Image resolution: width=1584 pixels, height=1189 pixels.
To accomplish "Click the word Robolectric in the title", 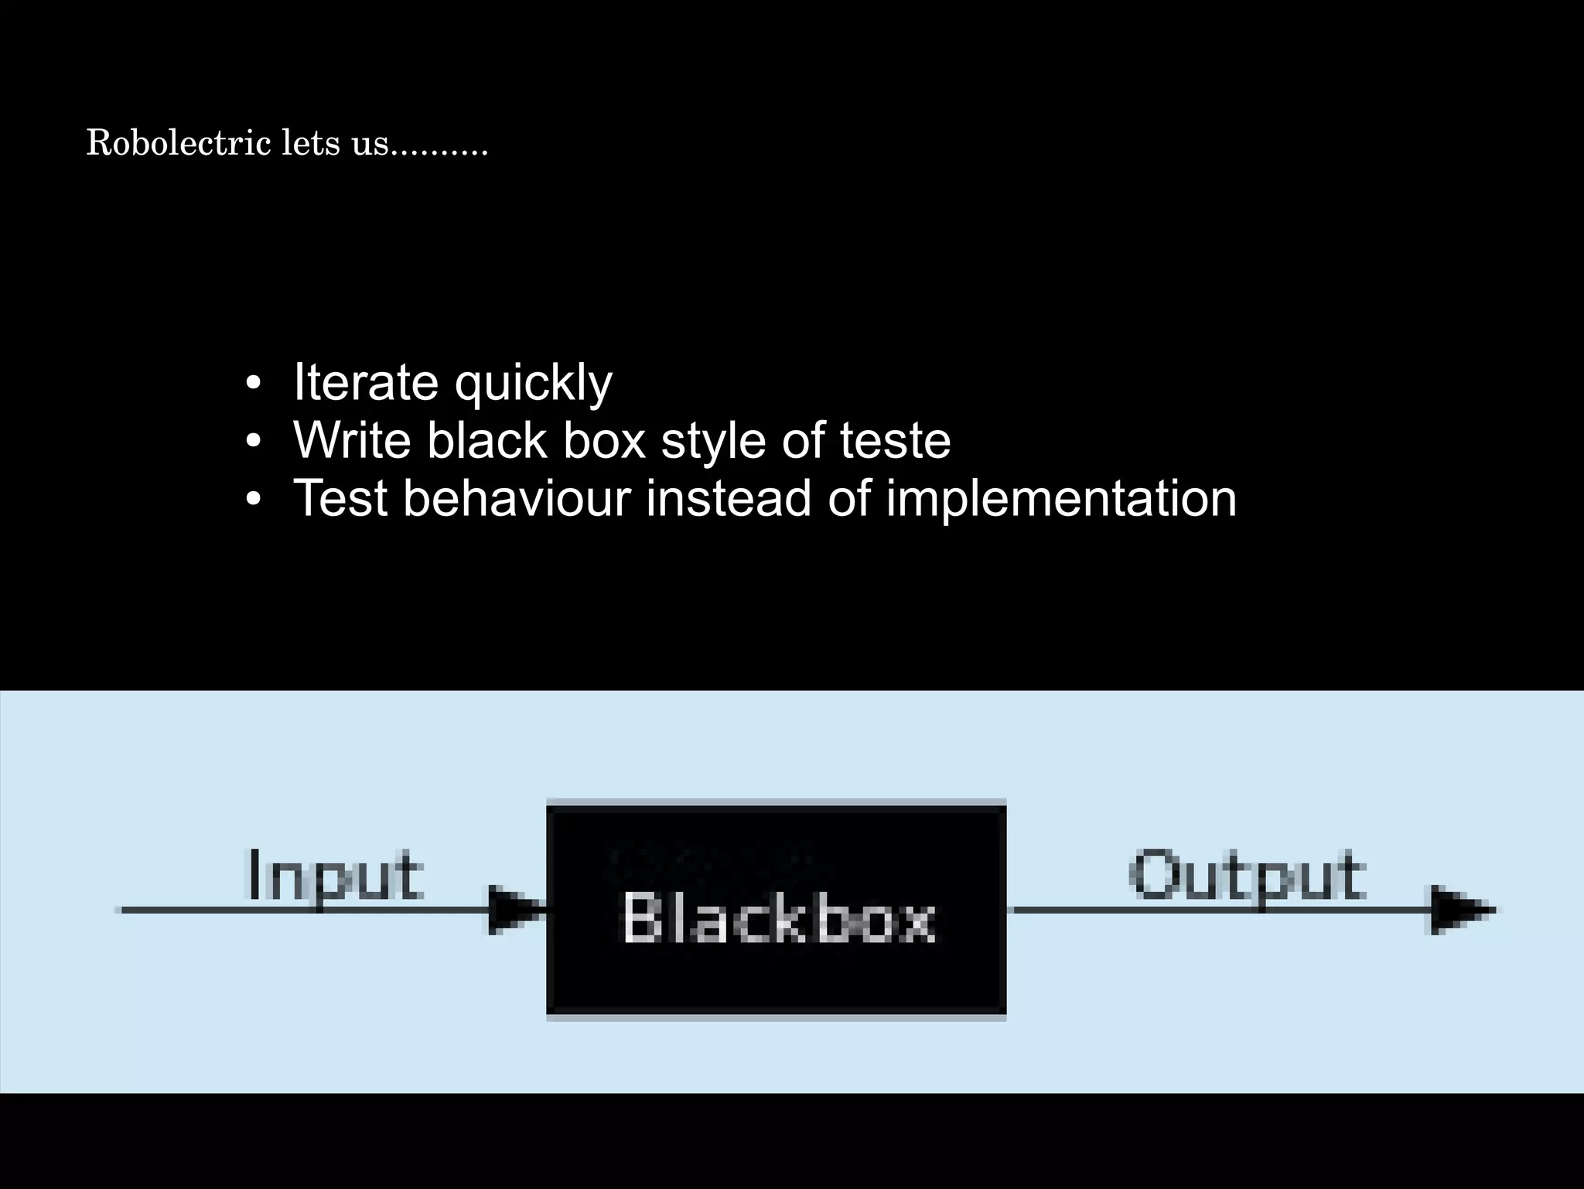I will click(179, 142).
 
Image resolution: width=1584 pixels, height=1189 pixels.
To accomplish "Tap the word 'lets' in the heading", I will click(309, 142).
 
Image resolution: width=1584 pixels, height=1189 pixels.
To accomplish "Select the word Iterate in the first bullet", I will click(366, 382).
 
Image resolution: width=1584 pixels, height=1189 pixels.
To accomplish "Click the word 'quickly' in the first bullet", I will click(534, 384).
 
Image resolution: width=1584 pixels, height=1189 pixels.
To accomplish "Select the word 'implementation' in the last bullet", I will click(1060, 500).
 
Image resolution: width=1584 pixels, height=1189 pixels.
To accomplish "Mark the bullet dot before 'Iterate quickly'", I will click(253, 384).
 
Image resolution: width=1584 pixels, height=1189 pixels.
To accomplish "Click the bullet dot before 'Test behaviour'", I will click(253, 500).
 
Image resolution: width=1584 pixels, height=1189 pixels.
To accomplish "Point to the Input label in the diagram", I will click(333, 876).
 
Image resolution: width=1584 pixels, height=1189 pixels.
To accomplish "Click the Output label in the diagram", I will click(1247, 876).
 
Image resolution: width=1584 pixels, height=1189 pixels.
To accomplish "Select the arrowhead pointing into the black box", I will click(512, 910).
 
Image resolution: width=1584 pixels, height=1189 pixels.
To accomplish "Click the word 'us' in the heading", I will click(370, 144).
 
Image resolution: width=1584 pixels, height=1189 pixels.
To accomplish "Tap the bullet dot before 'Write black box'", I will click(253, 442).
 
